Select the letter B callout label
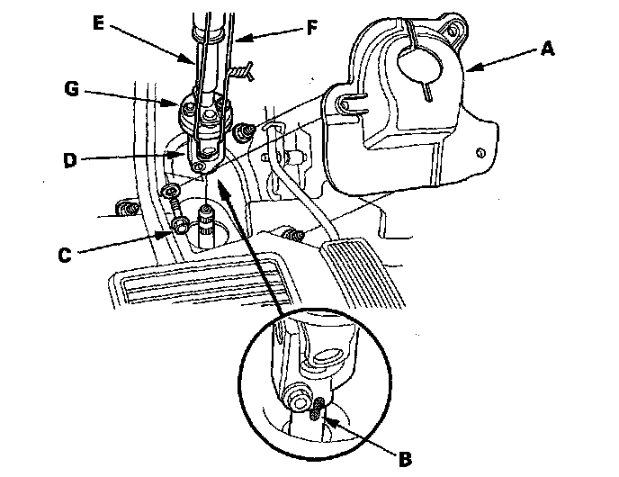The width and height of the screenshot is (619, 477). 405,459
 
